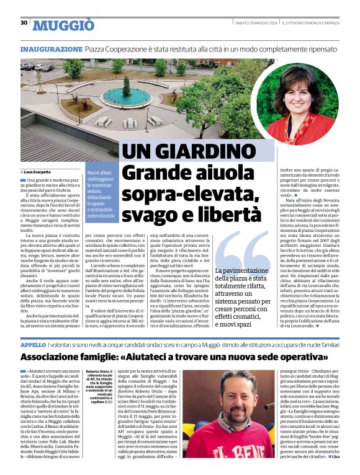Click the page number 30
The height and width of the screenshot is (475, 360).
tap(24, 23)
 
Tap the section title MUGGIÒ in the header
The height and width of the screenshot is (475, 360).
tap(63, 25)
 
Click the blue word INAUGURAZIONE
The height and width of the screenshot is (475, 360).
tap(51, 48)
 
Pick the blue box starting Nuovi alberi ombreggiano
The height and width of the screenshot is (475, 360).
tap(101, 193)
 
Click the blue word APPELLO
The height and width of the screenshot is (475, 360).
tap(33, 344)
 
